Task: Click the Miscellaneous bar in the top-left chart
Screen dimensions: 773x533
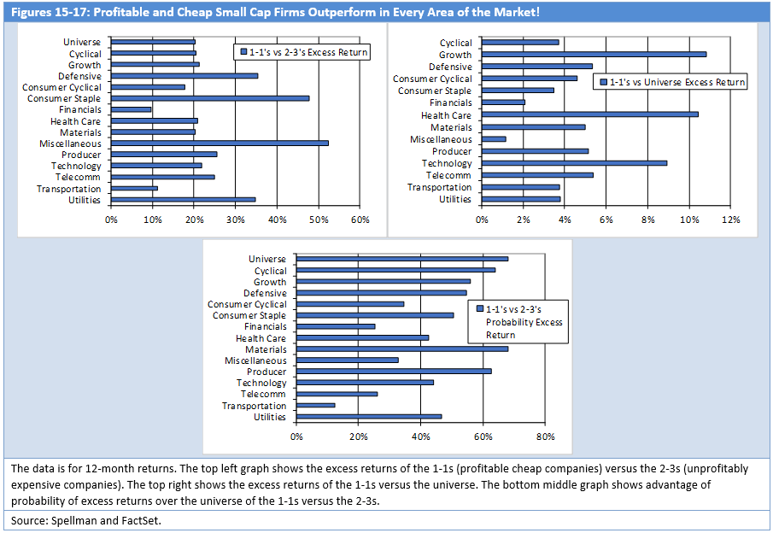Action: pos(220,143)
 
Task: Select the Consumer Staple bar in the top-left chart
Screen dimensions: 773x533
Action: pos(210,98)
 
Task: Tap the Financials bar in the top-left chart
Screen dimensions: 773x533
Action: pos(132,109)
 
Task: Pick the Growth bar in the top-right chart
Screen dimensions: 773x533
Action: pos(594,54)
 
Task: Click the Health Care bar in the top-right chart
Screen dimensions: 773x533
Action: pos(590,114)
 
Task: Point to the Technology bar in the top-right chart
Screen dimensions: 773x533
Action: pos(574,162)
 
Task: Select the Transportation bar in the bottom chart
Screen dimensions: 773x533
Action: pos(316,405)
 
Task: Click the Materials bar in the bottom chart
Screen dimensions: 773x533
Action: pos(402,349)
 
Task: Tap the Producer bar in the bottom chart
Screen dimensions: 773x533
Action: pos(394,372)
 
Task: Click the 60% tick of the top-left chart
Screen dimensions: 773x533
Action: pos(360,220)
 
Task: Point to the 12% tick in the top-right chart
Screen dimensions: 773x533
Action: pos(730,220)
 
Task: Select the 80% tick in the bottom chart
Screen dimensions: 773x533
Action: pos(545,436)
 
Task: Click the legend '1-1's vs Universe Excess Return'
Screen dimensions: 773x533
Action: pos(671,82)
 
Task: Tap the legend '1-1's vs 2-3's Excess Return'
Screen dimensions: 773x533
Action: pos(302,52)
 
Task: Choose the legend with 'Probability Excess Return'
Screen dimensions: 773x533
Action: pos(518,322)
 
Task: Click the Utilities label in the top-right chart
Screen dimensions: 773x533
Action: pos(455,199)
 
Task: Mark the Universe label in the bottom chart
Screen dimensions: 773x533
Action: pos(267,259)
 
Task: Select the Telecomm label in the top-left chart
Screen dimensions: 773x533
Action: pos(78,177)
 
